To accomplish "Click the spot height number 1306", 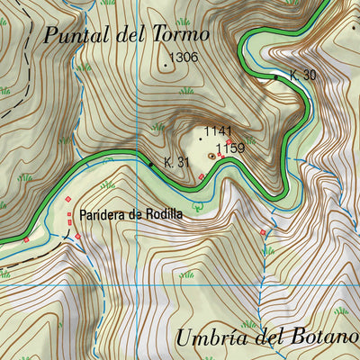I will coord(184,57).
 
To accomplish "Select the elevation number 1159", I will coord(230,148).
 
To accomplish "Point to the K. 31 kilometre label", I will coord(175,163).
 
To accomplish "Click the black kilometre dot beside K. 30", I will coord(276,77).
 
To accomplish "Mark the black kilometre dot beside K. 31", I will coord(150,164).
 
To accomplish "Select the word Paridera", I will coord(104,215).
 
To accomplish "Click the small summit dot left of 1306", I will coord(167,66).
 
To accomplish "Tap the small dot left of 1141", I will coord(200,139).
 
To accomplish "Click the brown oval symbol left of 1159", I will coord(211,155).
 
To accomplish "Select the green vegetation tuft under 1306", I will coord(186,91).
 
